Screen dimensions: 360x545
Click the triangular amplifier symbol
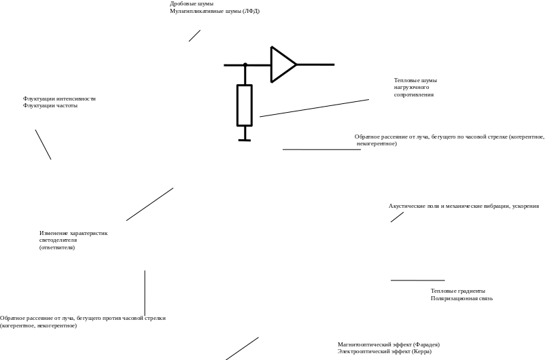[x=281, y=65]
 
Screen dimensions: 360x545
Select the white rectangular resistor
[x=245, y=105]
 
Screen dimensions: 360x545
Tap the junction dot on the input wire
[x=245, y=65]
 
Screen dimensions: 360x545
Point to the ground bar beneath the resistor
[x=245, y=141]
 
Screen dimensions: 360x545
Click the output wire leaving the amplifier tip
[x=316, y=65]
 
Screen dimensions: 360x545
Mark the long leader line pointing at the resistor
[x=315, y=108]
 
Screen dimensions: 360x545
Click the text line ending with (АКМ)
[x=215, y=12]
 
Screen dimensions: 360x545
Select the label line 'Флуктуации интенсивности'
[x=60, y=98]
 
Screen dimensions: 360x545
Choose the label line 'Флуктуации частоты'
[x=50, y=105]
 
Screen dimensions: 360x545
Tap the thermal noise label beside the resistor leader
[x=415, y=88]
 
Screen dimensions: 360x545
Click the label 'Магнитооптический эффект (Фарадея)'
[x=385, y=344]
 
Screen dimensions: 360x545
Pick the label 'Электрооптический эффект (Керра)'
[x=384, y=352]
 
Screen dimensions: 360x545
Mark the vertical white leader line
[x=144, y=292]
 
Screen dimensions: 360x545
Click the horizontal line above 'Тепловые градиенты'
[x=417, y=280]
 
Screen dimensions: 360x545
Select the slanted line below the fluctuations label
[x=43, y=144]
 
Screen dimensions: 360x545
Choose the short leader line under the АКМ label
[x=194, y=35]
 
